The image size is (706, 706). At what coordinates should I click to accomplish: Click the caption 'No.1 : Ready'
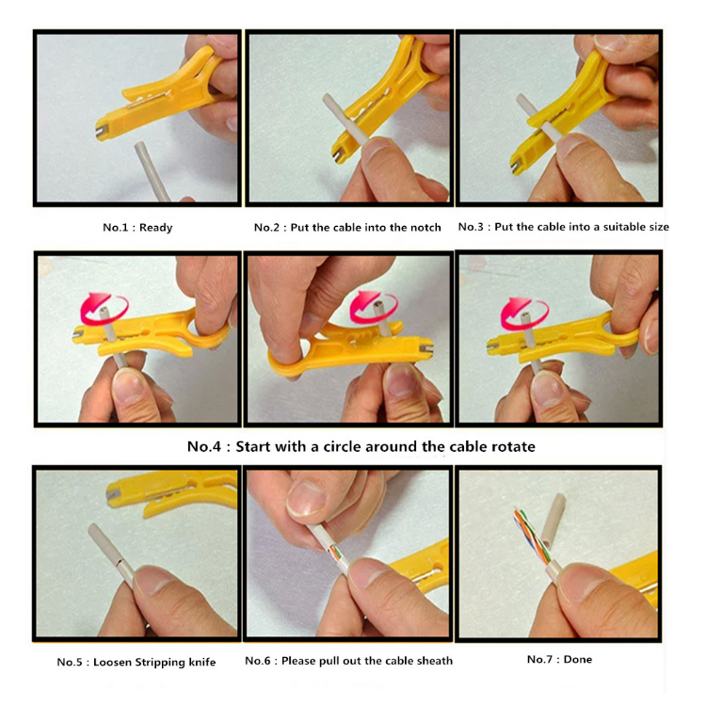tap(137, 228)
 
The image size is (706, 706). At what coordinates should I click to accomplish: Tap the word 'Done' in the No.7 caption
tap(578, 659)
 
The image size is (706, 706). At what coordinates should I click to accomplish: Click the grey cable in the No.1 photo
tap(152, 171)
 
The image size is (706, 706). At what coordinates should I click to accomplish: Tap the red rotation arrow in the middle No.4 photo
tap(374, 307)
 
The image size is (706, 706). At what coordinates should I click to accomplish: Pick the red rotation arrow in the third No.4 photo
tap(524, 313)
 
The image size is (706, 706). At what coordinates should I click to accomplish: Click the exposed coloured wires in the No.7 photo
tap(530, 537)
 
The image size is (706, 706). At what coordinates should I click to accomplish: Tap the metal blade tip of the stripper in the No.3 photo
tap(515, 166)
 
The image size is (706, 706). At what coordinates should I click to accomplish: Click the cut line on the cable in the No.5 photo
tap(119, 563)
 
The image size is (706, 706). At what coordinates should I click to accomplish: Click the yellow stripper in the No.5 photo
tap(171, 490)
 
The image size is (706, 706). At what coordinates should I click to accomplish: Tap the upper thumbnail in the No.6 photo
tap(307, 499)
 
